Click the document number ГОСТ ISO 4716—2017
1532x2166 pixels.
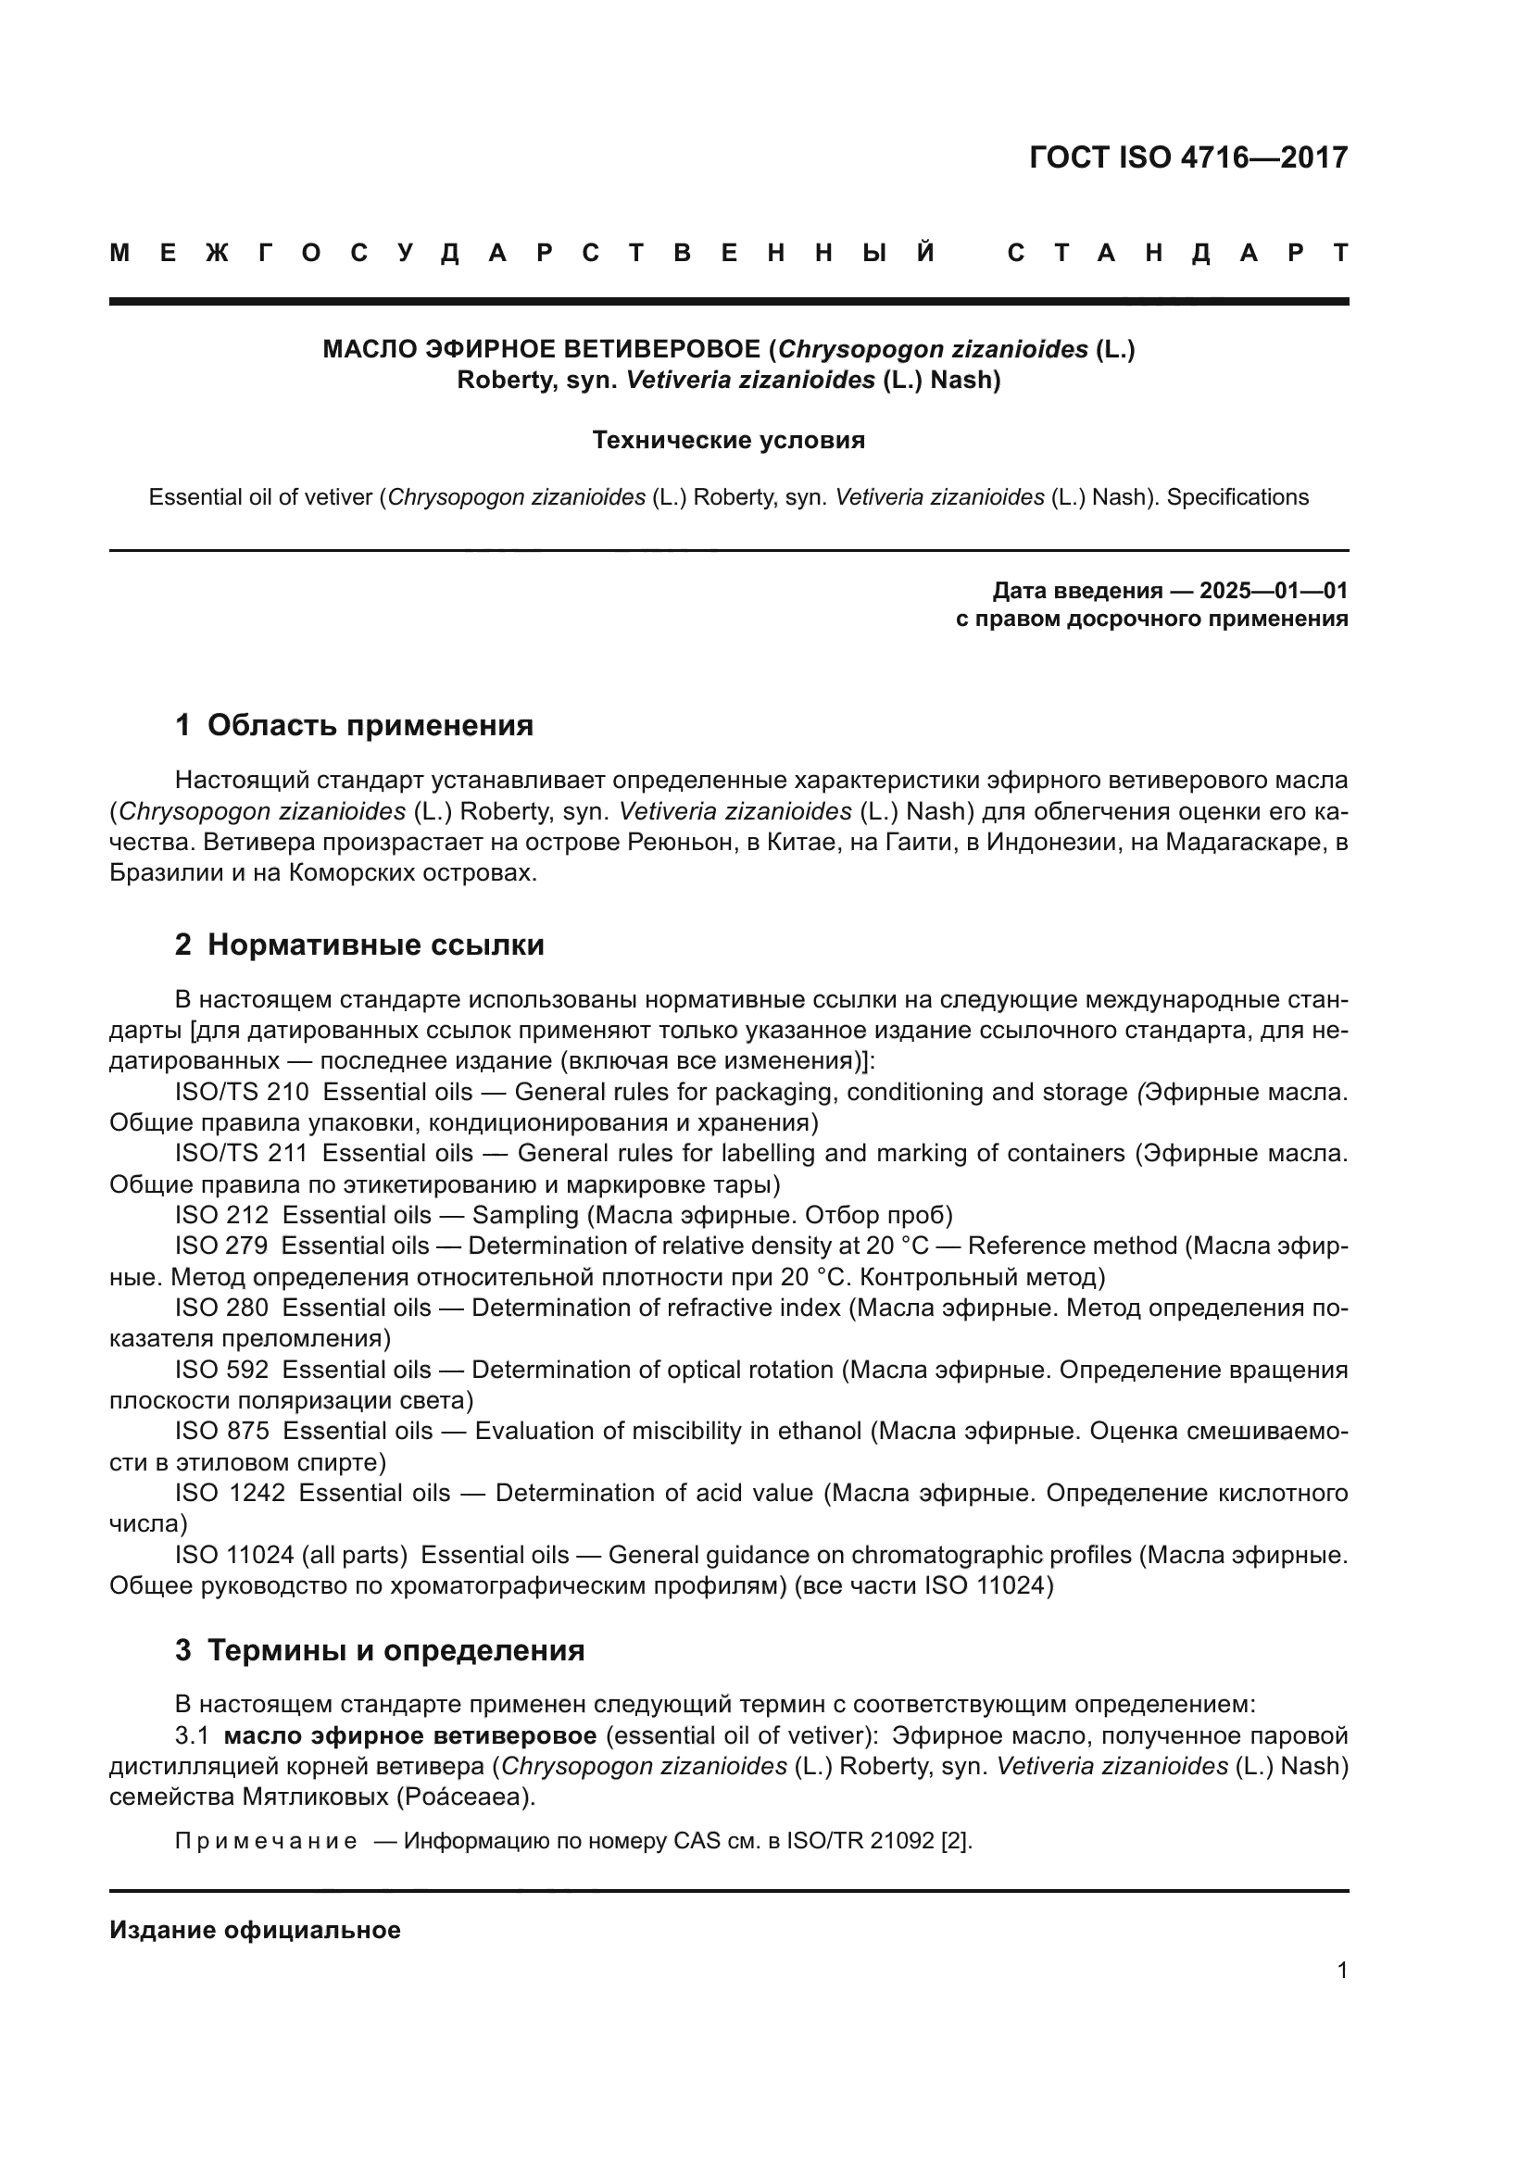pyautogui.click(x=1188, y=157)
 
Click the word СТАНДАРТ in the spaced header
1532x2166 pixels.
pyautogui.click(x=1177, y=253)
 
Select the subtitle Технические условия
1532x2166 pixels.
pyautogui.click(x=728, y=441)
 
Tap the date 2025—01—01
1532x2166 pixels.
pyautogui.click(x=1273, y=592)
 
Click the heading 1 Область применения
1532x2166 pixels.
pyautogui.click(x=354, y=725)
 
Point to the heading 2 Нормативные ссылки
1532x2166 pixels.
pyautogui.click(x=359, y=945)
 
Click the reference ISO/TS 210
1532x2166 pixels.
pyautogui.click(x=242, y=1093)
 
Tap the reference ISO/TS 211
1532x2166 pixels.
pyautogui.click(x=242, y=1154)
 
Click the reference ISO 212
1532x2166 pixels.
pyautogui.click(x=221, y=1215)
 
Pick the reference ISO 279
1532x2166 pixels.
pyautogui.click(x=221, y=1246)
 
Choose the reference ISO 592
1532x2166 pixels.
pyautogui.click(x=221, y=1370)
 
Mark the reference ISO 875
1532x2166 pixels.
pyautogui.click(x=221, y=1431)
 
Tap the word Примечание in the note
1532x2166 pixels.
pyautogui.click(x=266, y=1842)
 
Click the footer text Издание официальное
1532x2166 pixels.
pyautogui.click(x=255, y=1930)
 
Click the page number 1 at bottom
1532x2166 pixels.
pyautogui.click(x=1342, y=1971)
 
